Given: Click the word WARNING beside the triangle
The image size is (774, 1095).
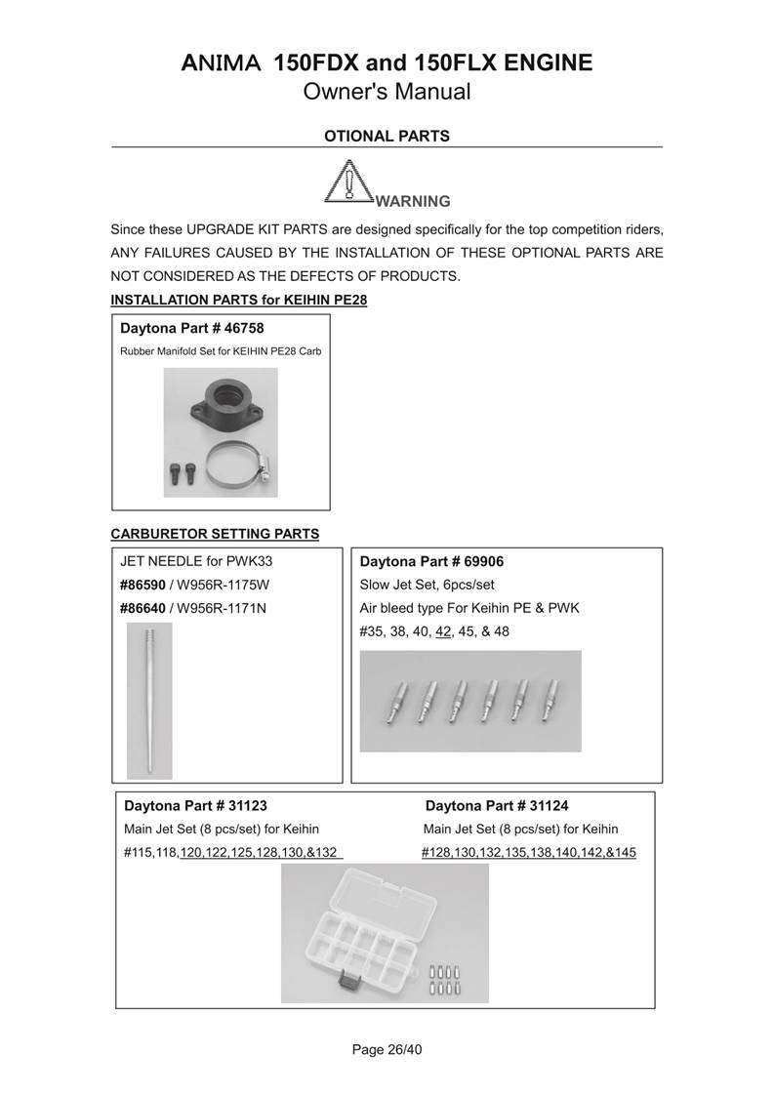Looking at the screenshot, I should (413, 202).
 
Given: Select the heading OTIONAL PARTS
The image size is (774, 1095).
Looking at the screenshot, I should (387, 137).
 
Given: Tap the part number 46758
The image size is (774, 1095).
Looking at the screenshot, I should (243, 328).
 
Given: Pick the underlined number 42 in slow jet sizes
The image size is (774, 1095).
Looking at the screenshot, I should (443, 631).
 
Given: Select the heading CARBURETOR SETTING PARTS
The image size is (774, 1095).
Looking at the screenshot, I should (215, 534).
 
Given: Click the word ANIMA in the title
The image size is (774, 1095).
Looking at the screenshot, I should (221, 64).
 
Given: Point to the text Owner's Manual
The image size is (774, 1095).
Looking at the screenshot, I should (387, 93).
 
